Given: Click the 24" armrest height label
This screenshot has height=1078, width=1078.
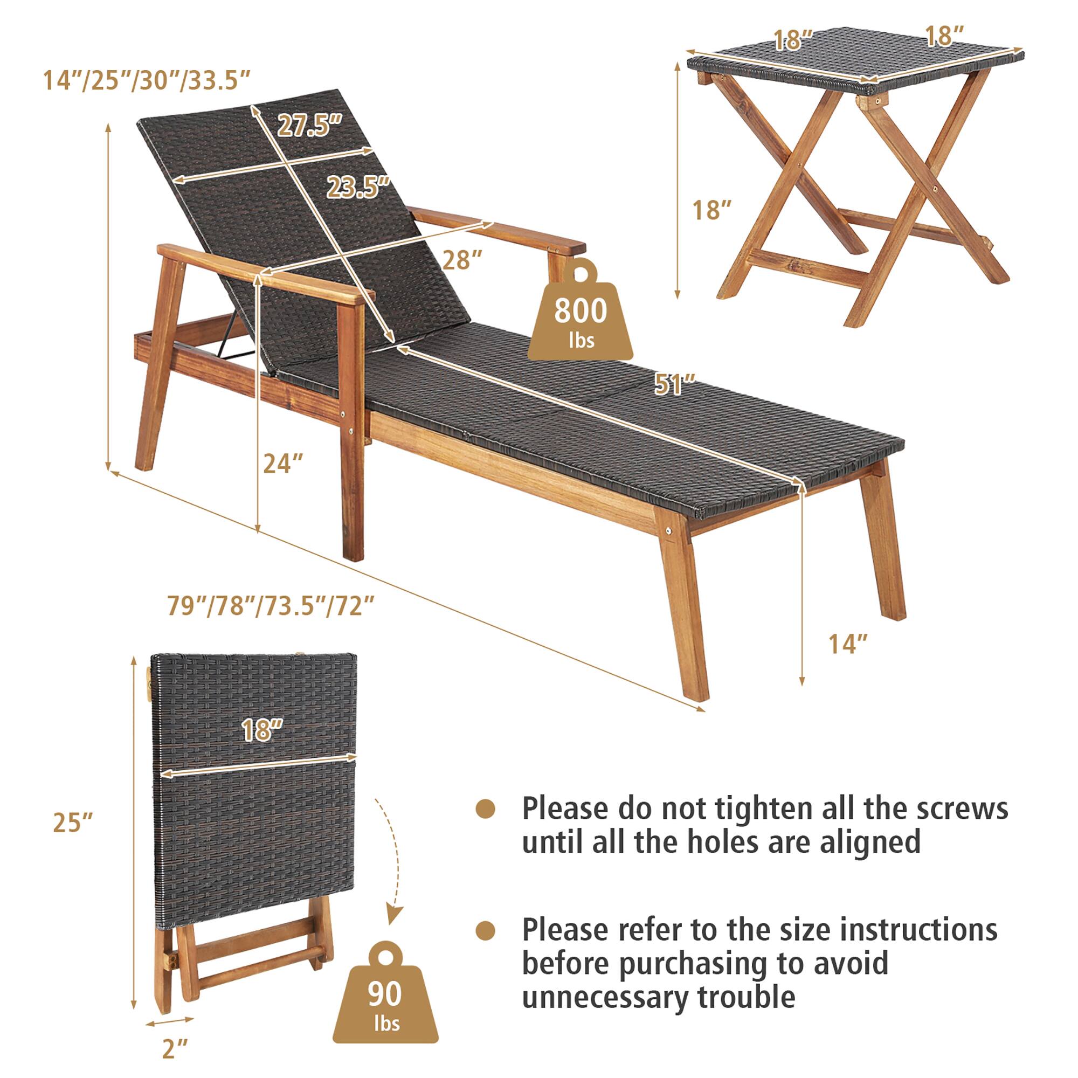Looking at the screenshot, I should pos(283,463).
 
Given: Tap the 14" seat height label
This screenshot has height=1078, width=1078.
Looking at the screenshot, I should pos(848,645).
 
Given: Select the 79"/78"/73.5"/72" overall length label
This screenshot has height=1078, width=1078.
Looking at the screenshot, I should pos(270,606).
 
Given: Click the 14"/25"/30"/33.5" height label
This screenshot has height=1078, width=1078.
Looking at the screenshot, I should pos(147,81).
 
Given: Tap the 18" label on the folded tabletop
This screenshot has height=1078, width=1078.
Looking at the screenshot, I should pos(263,730).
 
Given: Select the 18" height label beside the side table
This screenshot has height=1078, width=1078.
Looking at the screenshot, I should pos(711,210).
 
